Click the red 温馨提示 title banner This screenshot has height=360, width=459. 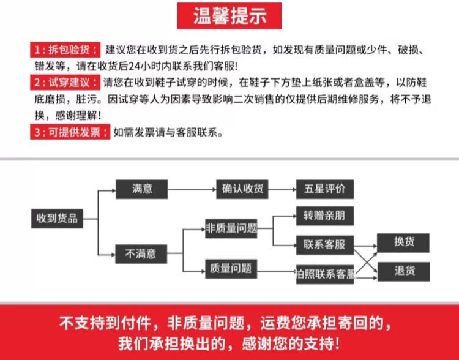pos(229,16)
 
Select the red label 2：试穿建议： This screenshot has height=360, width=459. pos(65,82)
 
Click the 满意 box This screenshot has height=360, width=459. pos(142,189)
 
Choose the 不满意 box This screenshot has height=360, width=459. pos(141,253)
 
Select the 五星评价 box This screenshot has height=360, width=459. pos(324,189)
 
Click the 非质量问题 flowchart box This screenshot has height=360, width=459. pos(231,228)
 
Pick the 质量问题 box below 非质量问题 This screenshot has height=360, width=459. pos(230,268)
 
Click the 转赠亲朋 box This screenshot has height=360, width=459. pos(324,216)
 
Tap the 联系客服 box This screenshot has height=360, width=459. pos(324,246)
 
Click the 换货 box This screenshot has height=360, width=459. pos(404,242)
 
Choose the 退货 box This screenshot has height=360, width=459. pos(404,271)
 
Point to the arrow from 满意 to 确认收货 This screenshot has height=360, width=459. pos(192,189)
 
